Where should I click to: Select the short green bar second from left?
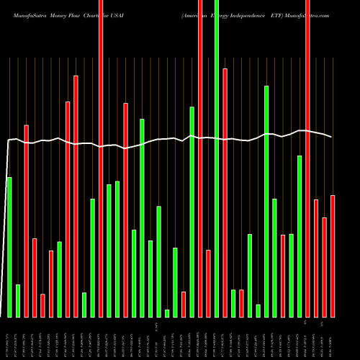tap(18, 300)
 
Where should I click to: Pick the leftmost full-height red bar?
tap(101, 158)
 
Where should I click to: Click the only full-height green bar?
tap(217, 158)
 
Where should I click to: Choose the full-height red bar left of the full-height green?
tap(200, 158)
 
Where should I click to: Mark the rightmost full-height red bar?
tap(307, 158)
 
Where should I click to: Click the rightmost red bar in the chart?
tap(333, 256)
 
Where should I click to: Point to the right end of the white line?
tap(332, 137)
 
